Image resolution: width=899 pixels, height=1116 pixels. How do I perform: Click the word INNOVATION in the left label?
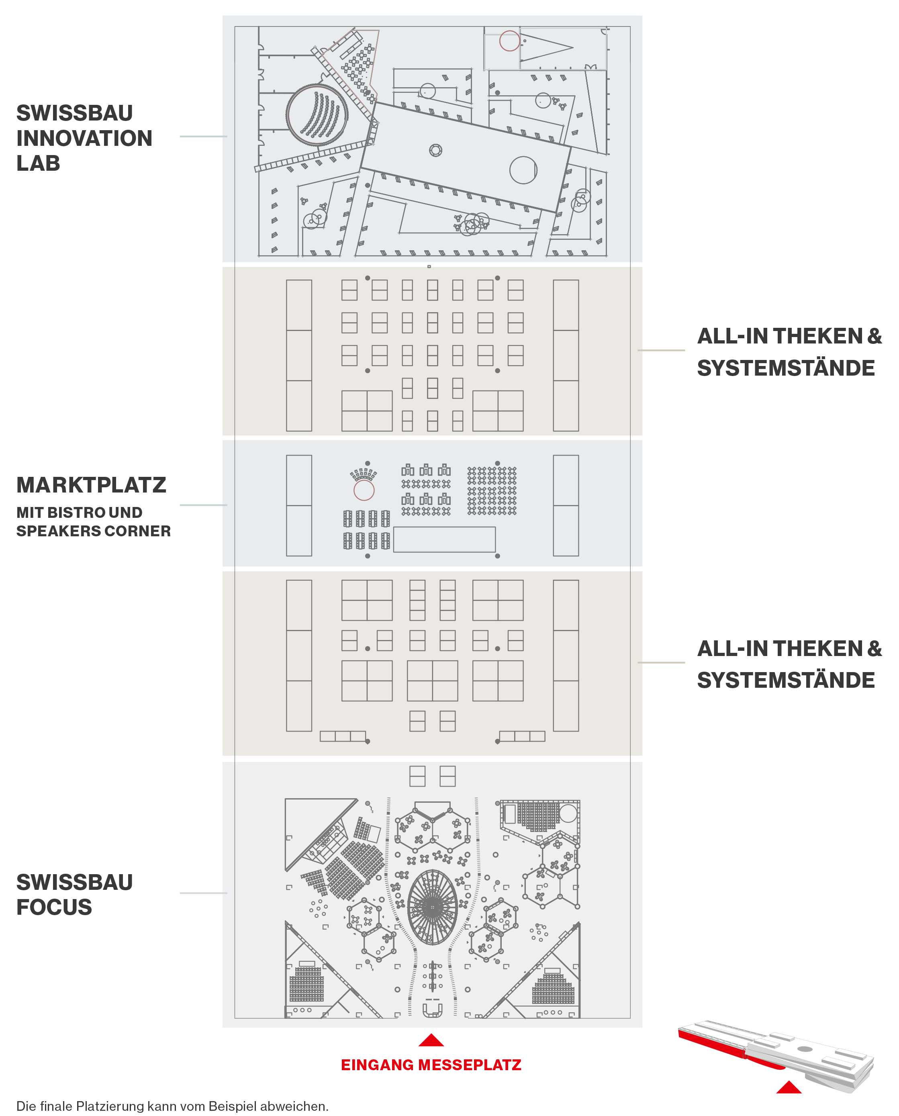pos(84,138)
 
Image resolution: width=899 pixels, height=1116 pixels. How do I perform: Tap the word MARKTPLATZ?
pos(91,485)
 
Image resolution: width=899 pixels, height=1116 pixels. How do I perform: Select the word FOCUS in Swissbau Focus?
pos(54,907)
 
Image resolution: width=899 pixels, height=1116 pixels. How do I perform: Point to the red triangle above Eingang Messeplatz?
pos(431,1040)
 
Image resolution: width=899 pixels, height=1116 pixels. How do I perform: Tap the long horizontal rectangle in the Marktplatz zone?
pos(444,540)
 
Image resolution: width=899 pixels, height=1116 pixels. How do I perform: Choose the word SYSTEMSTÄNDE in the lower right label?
pos(786,680)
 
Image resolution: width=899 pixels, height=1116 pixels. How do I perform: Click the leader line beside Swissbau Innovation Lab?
pos(204,136)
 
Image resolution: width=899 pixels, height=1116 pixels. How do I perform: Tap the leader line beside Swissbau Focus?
pos(204,893)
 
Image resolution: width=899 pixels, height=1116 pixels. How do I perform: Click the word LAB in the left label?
pos(38,163)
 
